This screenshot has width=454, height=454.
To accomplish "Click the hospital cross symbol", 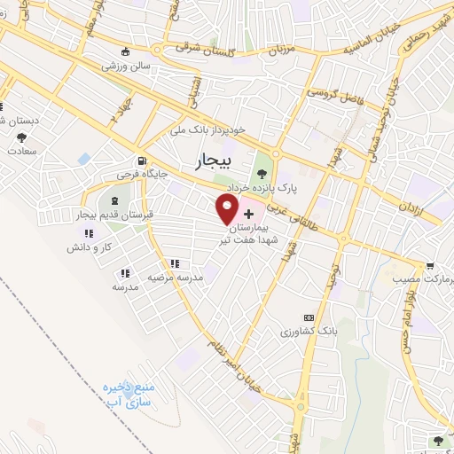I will pos(247,214).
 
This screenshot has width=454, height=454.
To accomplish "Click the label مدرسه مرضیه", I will pos(175,277).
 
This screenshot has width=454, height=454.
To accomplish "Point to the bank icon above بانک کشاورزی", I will pos(309,317).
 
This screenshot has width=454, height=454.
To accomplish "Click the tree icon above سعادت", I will pos(20,137).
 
